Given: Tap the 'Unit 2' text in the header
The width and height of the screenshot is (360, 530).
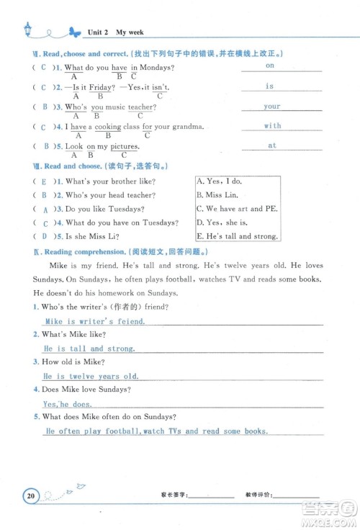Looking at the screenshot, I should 97,32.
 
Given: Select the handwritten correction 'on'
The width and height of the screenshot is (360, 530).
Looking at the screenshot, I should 270,66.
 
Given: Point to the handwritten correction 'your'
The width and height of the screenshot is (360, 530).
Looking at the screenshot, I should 271,106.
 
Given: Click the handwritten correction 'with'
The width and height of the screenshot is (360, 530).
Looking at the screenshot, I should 272,125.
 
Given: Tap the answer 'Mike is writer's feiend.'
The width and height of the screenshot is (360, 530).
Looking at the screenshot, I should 94,322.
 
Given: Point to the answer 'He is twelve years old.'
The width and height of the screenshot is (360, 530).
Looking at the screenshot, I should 91,376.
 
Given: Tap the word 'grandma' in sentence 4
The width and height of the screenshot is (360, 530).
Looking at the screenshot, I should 189,127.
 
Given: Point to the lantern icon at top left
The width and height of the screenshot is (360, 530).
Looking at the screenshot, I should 27,29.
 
